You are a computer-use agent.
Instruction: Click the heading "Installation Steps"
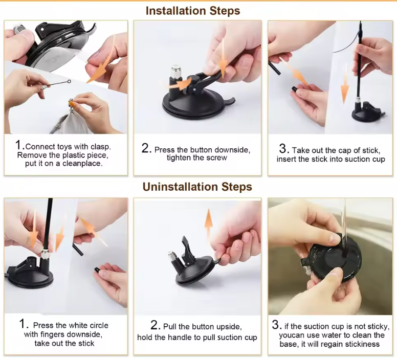click(193, 11)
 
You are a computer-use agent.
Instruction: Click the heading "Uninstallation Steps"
click(197, 187)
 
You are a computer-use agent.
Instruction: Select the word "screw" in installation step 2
click(217, 158)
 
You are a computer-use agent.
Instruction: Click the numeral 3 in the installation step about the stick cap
click(284, 148)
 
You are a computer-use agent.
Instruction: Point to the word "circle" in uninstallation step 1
click(98, 325)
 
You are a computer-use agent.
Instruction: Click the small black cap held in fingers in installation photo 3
click(295, 89)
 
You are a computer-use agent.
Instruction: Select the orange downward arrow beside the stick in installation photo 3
click(345, 83)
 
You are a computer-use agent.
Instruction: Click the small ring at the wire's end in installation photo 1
click(69, 81)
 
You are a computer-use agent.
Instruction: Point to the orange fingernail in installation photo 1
click(72, 103)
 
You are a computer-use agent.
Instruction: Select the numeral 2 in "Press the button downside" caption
click(146, 148)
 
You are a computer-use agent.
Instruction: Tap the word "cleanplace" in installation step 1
click(82, 164)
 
